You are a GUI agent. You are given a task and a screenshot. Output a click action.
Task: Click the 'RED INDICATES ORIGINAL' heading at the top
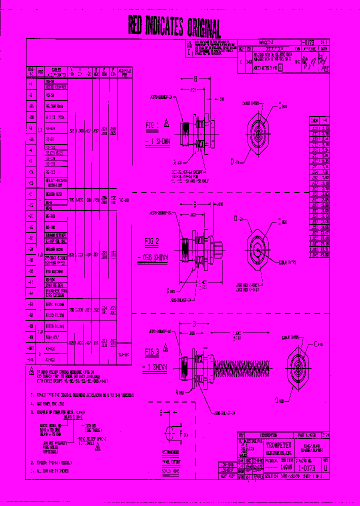point(174,26)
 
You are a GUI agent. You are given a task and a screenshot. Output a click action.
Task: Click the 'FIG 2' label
point(151,242)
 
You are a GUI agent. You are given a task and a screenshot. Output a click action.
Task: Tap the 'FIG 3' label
point(151,351)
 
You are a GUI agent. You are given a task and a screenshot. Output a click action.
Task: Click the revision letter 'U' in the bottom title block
point(326,468)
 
